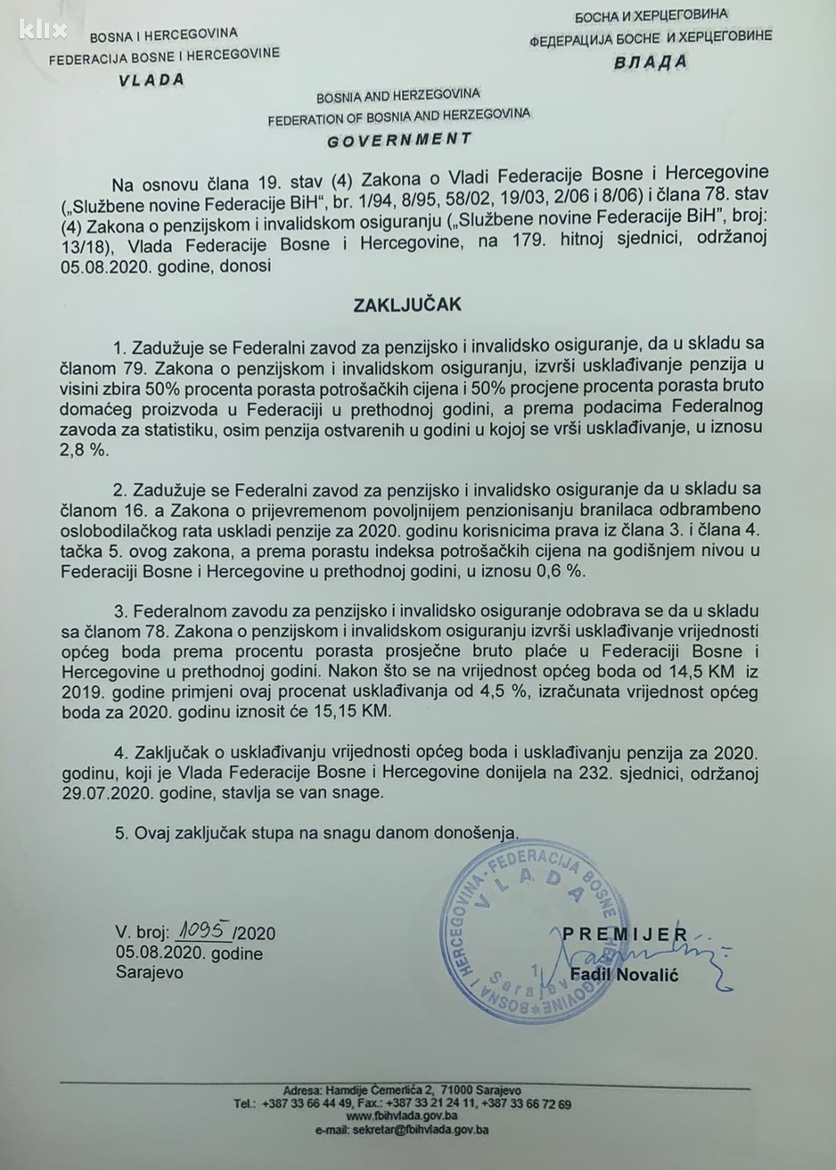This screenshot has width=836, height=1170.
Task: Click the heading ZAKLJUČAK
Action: tap(419, 305)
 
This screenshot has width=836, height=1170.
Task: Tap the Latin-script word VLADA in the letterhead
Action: tap(151, 79)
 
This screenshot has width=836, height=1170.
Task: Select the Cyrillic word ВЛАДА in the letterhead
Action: tap(651, 62)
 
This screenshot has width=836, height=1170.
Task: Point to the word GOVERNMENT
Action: tap(398, 140)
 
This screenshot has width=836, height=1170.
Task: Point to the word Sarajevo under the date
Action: tap(149, 972)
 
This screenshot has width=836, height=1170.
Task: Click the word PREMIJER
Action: tap(625, 934)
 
